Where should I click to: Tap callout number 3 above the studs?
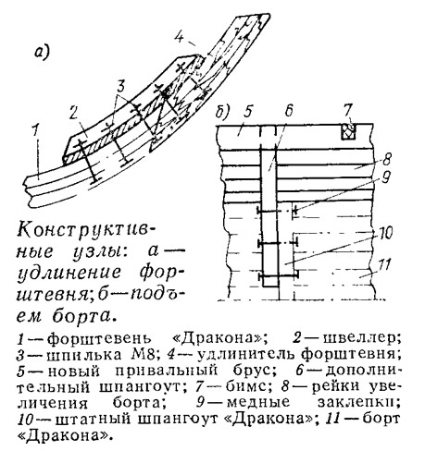120,86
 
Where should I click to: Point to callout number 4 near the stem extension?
180,37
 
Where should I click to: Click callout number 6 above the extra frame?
289,111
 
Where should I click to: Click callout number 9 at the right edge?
386,177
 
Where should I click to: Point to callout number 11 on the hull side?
384,264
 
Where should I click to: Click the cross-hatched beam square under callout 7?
348,131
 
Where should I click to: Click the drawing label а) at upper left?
43,53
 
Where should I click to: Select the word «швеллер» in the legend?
361,338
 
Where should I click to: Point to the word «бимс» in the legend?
250,386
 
